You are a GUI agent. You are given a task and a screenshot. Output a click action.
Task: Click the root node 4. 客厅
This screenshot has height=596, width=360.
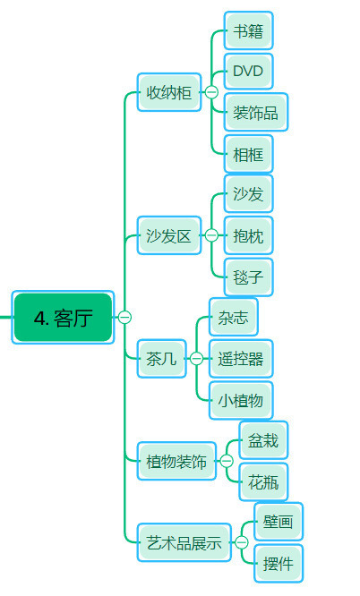[63, 318]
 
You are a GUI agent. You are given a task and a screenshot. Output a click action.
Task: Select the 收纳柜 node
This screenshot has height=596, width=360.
[169, 92]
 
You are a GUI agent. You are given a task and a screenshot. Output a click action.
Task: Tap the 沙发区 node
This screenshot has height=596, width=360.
[169, 235]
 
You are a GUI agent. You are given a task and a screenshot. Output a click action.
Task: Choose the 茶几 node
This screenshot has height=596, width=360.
[161, 359]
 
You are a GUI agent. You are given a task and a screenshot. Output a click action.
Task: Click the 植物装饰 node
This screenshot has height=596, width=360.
[176, 461]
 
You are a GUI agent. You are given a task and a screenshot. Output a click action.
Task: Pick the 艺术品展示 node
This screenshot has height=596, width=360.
[184, 542]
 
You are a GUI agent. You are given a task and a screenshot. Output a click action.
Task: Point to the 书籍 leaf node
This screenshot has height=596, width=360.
[248, 30]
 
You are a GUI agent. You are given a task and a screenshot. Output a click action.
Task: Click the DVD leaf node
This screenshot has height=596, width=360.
[248, 71]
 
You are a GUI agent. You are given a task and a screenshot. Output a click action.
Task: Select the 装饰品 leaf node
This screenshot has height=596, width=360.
[256, 112]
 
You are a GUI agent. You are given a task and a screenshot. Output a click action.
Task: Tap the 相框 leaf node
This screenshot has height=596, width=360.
[248, 154]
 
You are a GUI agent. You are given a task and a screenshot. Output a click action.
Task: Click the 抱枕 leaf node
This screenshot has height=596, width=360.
[248, 235]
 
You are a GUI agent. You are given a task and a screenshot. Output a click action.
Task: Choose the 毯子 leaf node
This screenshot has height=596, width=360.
[248, 277]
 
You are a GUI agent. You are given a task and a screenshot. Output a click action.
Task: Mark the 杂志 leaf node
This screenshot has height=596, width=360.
[233, 317]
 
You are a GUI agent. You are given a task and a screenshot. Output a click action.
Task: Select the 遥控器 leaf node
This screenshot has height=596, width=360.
[241, 359]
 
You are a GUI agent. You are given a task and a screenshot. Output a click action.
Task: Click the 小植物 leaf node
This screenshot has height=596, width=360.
[241, 400]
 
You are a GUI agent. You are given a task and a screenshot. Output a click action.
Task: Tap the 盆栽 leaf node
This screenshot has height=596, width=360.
[263, 440]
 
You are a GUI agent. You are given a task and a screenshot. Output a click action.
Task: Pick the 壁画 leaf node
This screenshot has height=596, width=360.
[279, 522]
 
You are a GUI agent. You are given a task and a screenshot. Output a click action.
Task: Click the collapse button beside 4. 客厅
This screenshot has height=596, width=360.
[124, 317]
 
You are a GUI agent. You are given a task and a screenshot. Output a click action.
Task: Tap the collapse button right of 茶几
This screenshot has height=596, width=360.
[196, 359]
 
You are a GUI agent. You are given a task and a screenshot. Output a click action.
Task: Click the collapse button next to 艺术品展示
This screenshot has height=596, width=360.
[242, 542]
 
